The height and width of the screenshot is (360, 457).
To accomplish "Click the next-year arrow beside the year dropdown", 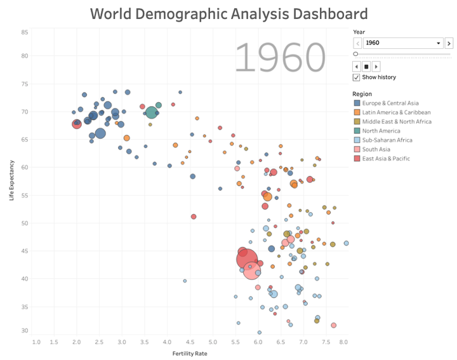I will point(449,43).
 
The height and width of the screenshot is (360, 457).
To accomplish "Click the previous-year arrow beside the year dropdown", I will point(357,43).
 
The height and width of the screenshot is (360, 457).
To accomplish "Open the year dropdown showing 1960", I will point(403,43).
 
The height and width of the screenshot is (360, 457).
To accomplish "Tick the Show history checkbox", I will point(357,77).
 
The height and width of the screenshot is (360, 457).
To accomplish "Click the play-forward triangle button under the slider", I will point(376,66).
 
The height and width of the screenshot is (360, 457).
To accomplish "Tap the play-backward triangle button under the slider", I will point(357,66).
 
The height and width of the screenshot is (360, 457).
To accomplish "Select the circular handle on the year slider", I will point(355,55).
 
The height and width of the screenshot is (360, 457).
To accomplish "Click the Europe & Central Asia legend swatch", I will point(357,103).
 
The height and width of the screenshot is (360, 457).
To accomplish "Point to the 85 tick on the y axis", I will point(24,32).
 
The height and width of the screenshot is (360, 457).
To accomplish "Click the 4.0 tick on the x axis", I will point(167,342).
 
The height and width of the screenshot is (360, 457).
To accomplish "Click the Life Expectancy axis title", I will point(12,180).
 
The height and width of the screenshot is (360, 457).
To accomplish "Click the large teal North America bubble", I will point(151,112).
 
